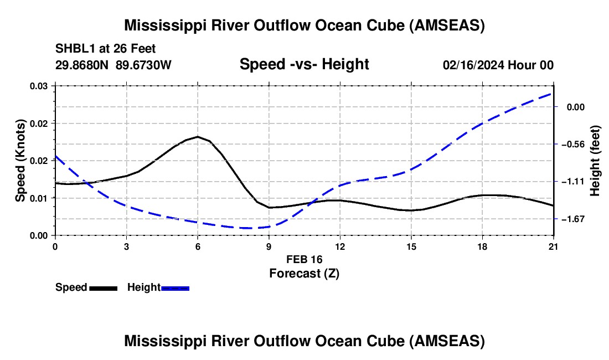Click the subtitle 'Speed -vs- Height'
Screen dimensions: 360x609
pos(304,64)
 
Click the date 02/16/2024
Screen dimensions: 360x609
pos(473,65)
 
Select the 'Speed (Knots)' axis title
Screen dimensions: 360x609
pos(20,161)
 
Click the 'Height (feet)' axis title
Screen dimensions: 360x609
pos(595,161)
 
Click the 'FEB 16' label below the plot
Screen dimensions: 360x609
pos(304,259)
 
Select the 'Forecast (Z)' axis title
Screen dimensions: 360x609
pos(304,273)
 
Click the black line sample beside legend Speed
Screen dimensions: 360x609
pos(103,288)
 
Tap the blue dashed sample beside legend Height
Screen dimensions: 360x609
pos(176,288)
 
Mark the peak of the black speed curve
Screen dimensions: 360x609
pos(198,136)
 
